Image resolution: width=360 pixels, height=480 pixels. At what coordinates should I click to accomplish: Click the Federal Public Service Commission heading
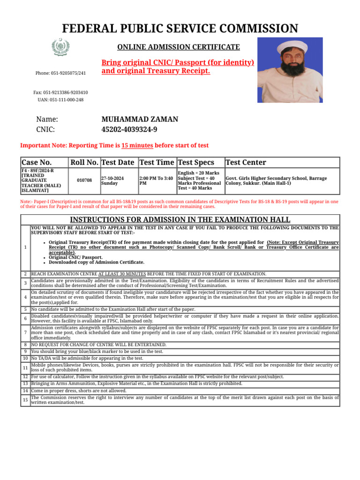tap(180, 29)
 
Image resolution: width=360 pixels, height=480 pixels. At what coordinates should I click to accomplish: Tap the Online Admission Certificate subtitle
tap(178, 47)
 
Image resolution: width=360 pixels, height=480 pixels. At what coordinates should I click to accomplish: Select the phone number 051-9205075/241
tap(60, 73)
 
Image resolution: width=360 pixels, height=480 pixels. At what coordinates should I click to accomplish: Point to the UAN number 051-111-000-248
tap(60, 100)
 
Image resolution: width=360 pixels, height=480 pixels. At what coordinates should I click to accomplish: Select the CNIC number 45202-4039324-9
tap(129, 130)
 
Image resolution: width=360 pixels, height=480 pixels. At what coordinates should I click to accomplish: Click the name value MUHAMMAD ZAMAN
tap(140, 119)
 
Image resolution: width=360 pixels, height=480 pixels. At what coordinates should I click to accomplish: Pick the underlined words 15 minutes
tap(137, 146)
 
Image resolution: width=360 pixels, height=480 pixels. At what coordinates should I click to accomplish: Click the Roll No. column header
tap(84, 163)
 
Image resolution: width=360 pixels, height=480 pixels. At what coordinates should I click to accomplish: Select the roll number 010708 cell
tap(84, 180)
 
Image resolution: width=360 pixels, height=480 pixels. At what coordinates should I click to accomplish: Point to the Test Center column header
tap(246, 163)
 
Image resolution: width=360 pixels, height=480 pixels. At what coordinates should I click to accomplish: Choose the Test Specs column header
tap(196, 163)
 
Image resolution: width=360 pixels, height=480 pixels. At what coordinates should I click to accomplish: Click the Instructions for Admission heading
tap(180, 220)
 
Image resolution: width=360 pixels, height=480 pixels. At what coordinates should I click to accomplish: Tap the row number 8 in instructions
tap(25, 345)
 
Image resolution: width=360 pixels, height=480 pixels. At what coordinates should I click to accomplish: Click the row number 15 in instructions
tap(25, 399)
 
